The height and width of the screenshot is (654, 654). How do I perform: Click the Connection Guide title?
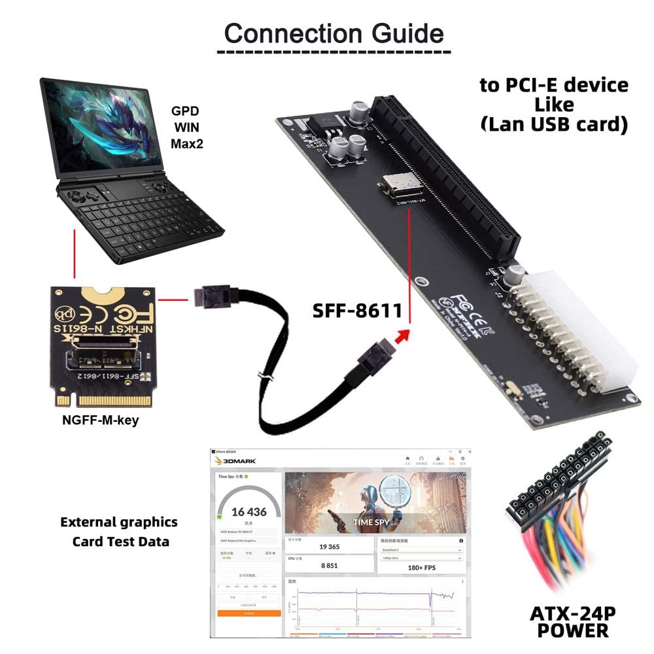point(334,33)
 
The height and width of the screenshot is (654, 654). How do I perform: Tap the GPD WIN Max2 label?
point(186,127)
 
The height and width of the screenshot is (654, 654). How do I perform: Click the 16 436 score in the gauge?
point(249,512)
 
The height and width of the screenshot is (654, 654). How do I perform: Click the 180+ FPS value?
point(421,568)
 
